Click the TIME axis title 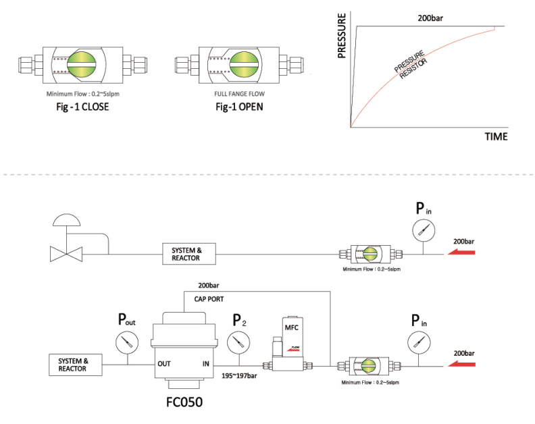coord(496,136)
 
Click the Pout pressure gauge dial coord(125,344)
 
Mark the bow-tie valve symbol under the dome coord(66,254)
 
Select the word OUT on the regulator coord(164,363)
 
